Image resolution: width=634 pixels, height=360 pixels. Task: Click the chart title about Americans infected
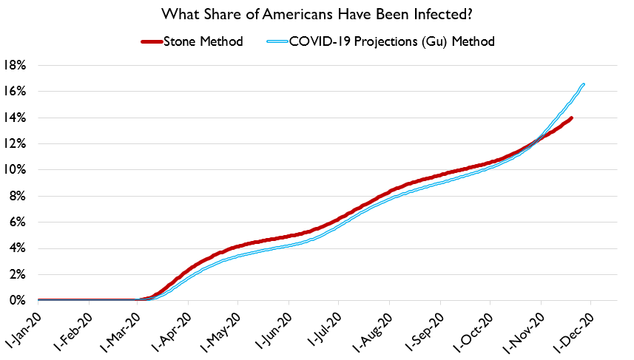pos(317,14)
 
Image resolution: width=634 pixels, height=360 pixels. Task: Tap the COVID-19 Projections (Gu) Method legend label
pos(393,41)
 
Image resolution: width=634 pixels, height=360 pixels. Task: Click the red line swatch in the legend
pos(156,41)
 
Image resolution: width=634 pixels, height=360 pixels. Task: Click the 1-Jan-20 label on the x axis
pos(24,326)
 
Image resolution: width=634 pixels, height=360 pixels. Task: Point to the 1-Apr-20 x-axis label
pos(174,326)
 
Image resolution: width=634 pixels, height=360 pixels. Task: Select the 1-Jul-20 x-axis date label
pos(324,326)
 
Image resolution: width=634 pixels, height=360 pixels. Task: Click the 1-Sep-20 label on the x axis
pos(426,326)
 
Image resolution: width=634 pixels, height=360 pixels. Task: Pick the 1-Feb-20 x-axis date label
pos(74,326)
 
